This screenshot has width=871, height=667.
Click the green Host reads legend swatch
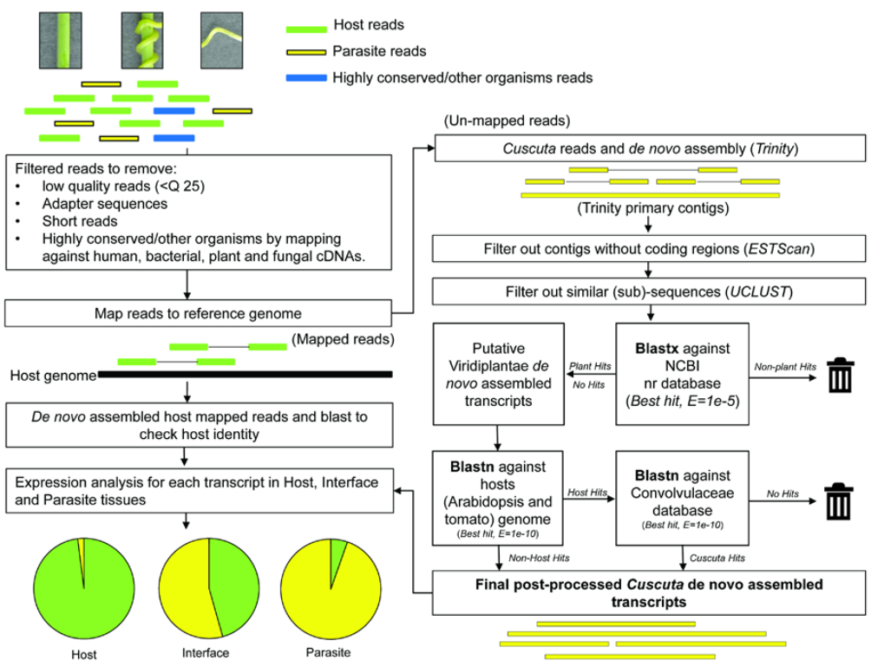tap(306, 26)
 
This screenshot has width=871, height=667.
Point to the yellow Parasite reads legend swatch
tap(306, 52)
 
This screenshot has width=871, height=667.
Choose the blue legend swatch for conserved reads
tap(306, 78)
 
